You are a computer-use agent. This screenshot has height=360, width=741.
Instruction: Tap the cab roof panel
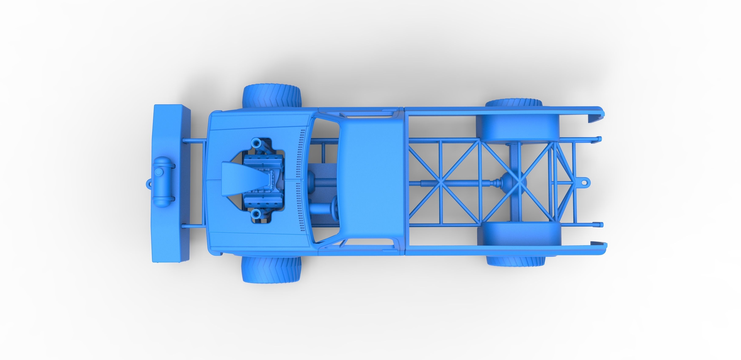tap(371, 181)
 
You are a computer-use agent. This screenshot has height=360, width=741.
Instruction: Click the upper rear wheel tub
tap(519, 127)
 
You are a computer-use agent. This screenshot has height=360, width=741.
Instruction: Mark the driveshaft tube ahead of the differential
tap(460, 182)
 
